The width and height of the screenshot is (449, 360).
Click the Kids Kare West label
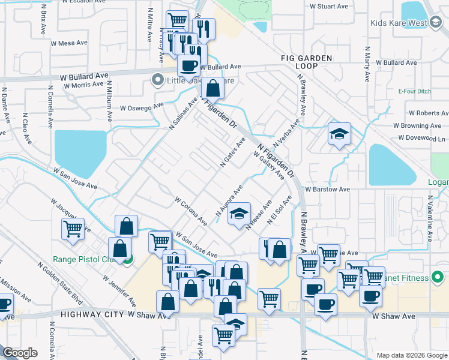coord(399,23)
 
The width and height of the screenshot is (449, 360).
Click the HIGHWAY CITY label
coord(93,314)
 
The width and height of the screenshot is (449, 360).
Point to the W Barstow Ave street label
coord(327,189)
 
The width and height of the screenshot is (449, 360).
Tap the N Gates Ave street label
coord(233,153)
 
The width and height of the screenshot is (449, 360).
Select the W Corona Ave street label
coord(191,211)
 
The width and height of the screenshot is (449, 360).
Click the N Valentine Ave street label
coord(430,218)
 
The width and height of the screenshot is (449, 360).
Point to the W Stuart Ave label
coord(329,7)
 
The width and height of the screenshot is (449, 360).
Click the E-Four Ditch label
coord(415,92)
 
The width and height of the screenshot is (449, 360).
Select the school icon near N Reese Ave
coord(239,213)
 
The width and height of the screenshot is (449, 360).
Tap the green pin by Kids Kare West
coord(436,23)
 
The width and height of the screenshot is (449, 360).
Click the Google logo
coord(20,353)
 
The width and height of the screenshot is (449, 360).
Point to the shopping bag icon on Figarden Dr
coord(212,88)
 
